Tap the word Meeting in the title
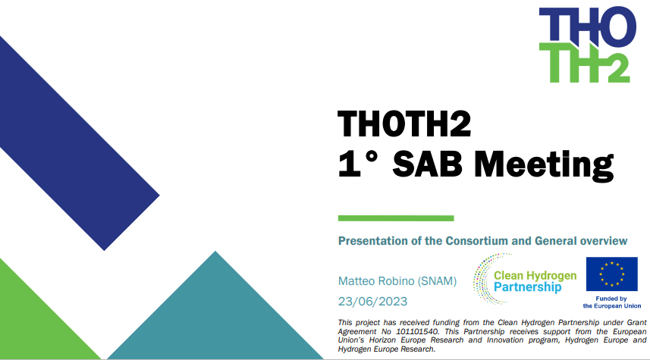point(547,163)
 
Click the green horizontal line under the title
point(395,218)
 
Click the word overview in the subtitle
point(602,241)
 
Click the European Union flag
point(611,274)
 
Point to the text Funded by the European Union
point(611,302)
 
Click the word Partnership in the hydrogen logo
point(527,288)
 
